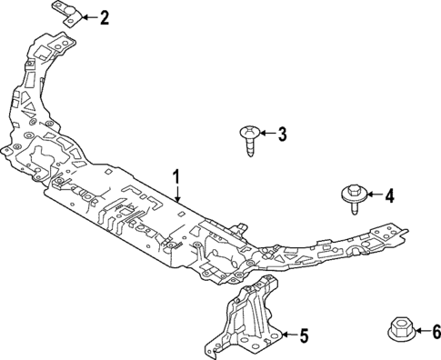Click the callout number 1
point(178,176)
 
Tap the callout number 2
point(105,16)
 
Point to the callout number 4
point(389,195)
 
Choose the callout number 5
point(305,336)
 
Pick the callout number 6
point(436,332)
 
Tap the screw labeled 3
point(249,139)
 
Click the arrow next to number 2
point(91,16)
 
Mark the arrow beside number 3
point(266,135)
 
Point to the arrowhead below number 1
point(178,197)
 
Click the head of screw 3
point(248,132)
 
